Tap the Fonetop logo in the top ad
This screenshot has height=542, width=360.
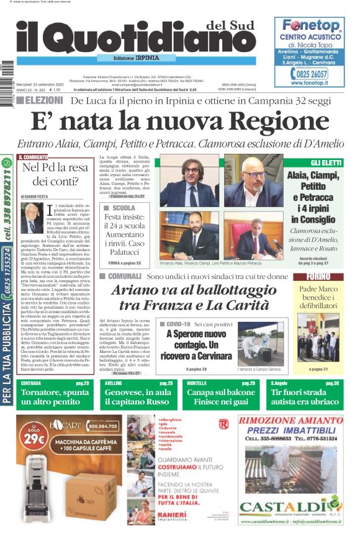(x=311, y=26)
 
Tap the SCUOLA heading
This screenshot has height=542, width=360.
(x=124, y=208)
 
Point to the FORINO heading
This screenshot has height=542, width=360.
(x=318, y=277)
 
